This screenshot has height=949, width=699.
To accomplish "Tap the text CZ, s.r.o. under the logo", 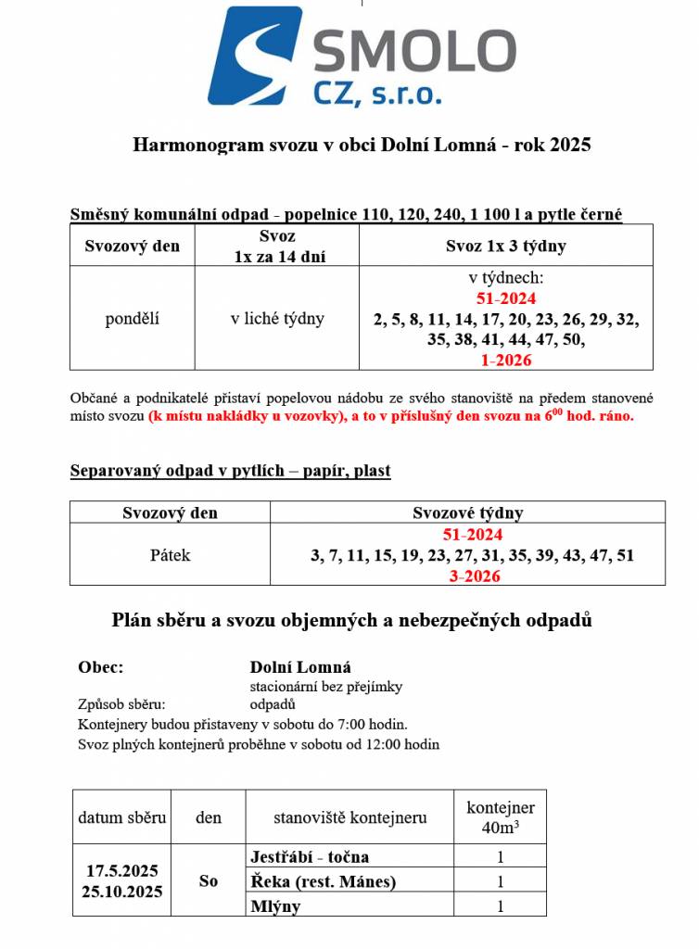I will [375, 93].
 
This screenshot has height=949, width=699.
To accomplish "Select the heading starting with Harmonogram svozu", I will [362, 145].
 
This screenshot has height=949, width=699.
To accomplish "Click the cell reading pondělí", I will [132, 319].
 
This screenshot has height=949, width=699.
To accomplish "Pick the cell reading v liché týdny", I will [277, 319].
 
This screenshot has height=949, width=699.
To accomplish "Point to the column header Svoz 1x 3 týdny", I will [505, 247].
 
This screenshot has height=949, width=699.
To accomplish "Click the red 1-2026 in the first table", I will [505, 360].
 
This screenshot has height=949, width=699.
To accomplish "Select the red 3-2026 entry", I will [474, 576].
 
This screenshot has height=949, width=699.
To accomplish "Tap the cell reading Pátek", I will [170, 555].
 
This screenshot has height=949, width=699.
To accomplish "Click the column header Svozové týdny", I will [467, 512].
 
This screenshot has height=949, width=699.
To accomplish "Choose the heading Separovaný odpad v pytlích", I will [230, 471].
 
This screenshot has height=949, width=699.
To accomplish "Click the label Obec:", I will [101, 667].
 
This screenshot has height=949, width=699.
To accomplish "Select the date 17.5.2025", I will [122, 871].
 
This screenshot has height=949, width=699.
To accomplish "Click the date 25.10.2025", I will [122, 892].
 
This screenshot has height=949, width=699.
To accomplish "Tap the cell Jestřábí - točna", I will [309, 857].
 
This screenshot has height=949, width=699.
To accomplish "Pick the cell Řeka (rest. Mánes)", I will [323, 882].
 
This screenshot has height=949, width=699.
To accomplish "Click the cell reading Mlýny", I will [275, 906].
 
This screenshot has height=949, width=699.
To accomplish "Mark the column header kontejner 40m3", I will [500, 816].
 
